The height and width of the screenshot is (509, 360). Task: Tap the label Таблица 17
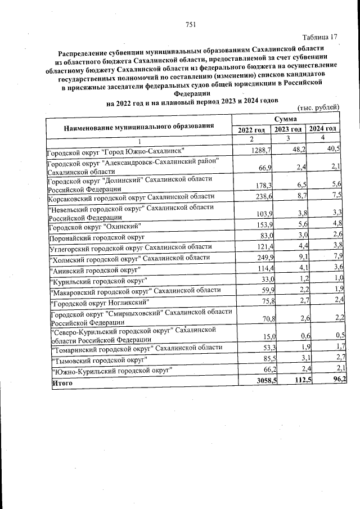pos(319,37)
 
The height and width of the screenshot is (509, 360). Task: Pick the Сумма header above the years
pos(287,120)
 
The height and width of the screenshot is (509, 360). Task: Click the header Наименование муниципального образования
pos(139,127)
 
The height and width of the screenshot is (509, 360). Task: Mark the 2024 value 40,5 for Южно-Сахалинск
pos(331,148)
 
